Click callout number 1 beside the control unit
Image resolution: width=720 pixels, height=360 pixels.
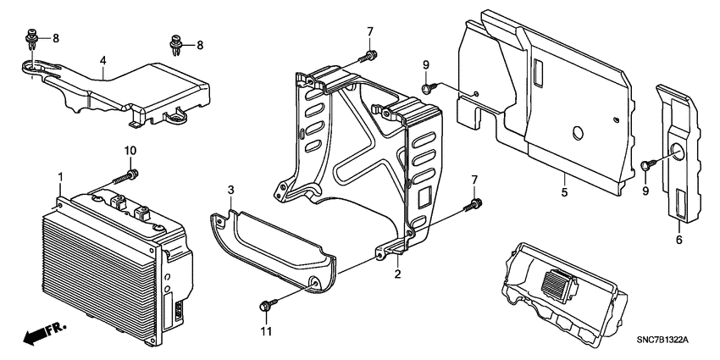click(x=60, y=175)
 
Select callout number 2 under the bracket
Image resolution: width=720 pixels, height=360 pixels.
click(x=396, y=274)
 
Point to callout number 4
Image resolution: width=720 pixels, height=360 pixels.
click(x=102, y=60)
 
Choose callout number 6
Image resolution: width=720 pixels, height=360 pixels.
click(x=678, y=241)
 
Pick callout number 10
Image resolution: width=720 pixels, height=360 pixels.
click(x=131, y=150)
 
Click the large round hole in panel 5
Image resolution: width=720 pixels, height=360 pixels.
click(x=577, y=133)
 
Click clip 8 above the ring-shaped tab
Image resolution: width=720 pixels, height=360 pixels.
click(x=31, y=37)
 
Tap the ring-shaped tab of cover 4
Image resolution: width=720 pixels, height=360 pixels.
click(x=31, y=65)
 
